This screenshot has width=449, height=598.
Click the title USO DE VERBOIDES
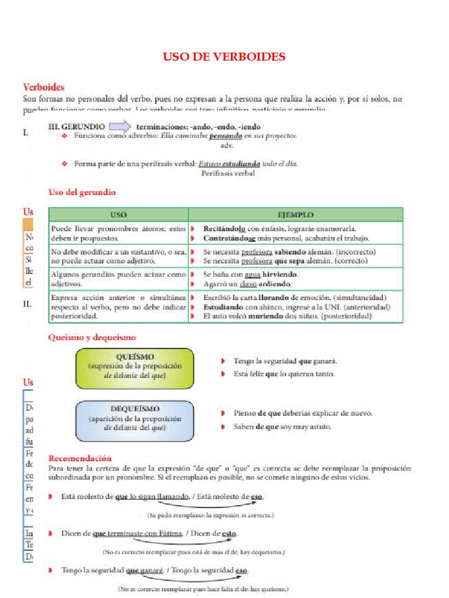tap(224, 57)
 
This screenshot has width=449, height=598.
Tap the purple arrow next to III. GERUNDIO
tap(119, 126)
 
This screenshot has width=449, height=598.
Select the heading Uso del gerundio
tap(81, 192)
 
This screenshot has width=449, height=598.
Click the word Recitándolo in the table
tap(224, 228)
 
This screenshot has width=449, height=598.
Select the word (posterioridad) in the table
tap(340, 316)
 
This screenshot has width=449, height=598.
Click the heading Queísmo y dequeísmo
tap(92, 338)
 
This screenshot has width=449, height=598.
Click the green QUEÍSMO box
tap(134, 368)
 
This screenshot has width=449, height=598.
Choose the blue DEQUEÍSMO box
tap(134, 420)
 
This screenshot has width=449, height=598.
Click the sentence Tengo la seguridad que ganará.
tap(285, 361)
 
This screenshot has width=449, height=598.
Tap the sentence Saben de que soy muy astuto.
tap(282, 427)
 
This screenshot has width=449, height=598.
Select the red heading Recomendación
tap(80, 458)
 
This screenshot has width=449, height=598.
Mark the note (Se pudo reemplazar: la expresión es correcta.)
tap(210, 515)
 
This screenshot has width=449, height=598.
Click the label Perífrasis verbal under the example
tap(228, 173)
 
